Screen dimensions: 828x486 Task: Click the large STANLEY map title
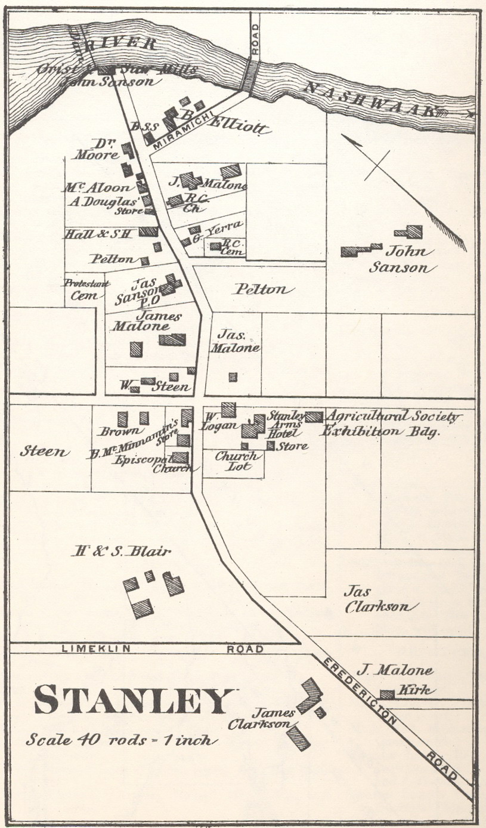[133, 700]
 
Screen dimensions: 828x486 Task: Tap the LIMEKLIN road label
[89, 649]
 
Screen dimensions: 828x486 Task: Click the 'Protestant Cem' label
[86, 288]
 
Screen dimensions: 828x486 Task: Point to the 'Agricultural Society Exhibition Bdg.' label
[391, 424]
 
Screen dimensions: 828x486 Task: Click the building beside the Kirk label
[387, 694]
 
